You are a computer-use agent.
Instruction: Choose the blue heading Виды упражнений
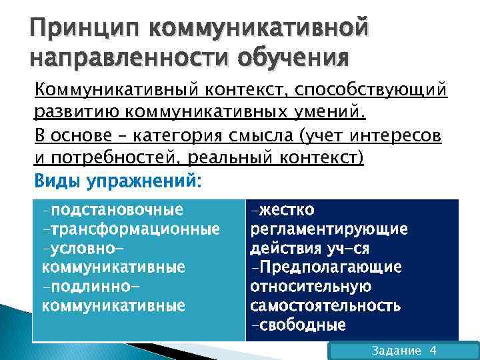pos(116,181)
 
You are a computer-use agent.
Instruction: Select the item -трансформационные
pos(131,229)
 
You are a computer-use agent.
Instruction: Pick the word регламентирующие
pos(329,229)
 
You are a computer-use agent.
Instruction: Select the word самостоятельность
pos(325,306)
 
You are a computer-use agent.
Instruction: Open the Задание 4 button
pos(404,351)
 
